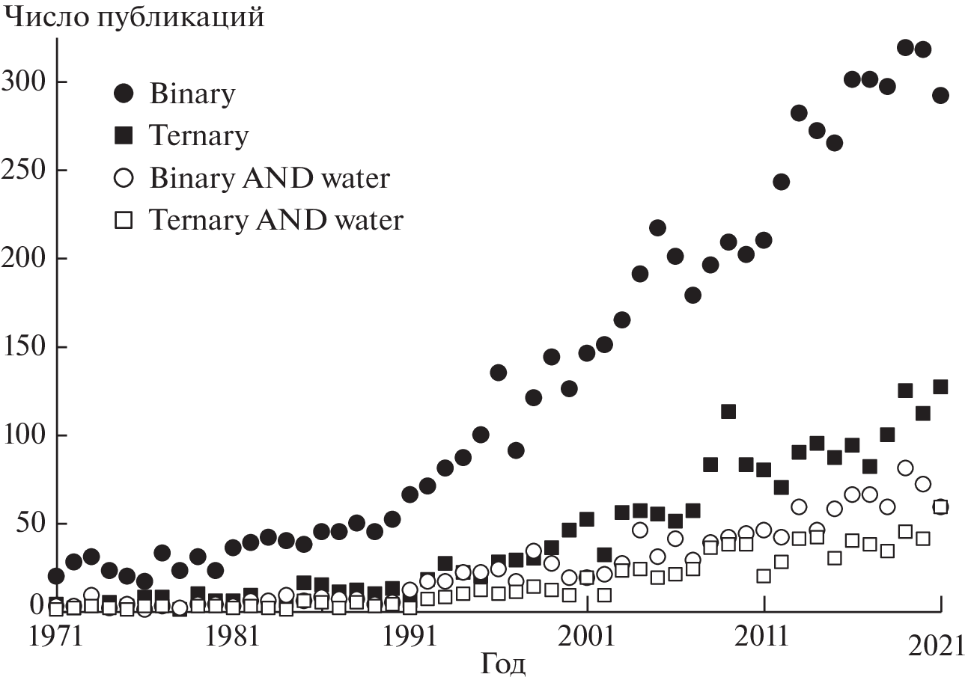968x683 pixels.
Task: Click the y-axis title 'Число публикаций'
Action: click(135, 16)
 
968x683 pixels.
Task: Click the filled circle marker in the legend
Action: click(124, 94)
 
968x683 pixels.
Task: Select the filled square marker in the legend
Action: click(124, 135)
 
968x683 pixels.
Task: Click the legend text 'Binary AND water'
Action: click(270, 178)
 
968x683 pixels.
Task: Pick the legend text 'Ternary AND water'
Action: click(276, 220)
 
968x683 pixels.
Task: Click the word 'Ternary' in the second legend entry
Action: click(198, 135)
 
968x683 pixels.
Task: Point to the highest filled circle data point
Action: click(905, 48)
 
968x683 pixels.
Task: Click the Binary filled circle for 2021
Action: click(940, 95)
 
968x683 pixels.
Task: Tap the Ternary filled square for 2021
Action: click(940, 387)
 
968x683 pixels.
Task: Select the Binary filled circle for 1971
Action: click(56, 575)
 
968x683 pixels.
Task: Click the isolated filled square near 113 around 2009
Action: click(728, 411)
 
